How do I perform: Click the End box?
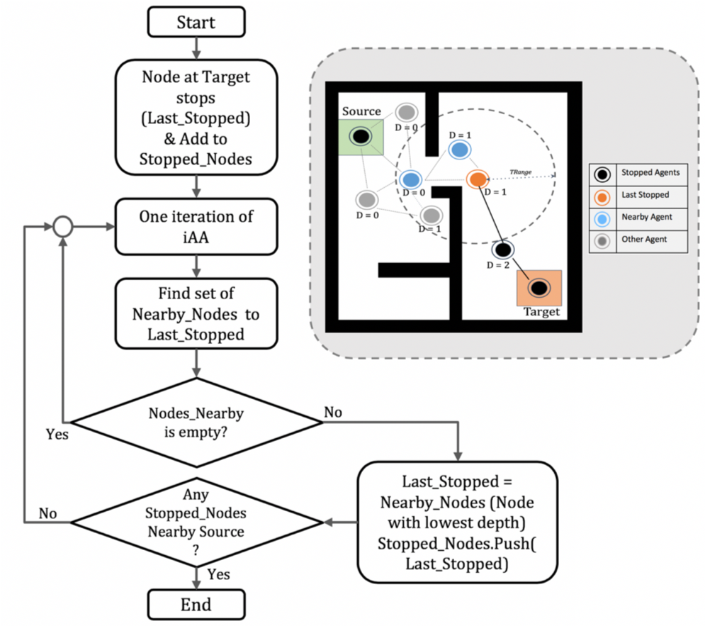(196, 605)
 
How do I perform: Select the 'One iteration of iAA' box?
(196, 227)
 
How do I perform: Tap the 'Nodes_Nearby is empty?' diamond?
(197, 422)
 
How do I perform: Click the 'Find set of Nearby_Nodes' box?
(196, 313)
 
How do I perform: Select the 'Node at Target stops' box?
(196, 116)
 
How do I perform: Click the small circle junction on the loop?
(63, 227)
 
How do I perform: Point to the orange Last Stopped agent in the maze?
(477, 179)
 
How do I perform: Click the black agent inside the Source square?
(360, 135)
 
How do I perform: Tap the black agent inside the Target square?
(538, 287)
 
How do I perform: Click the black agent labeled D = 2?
(502, 249)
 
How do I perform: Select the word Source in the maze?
(361, 111)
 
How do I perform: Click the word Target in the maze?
(541, 311)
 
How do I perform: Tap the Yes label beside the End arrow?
(220, 574)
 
